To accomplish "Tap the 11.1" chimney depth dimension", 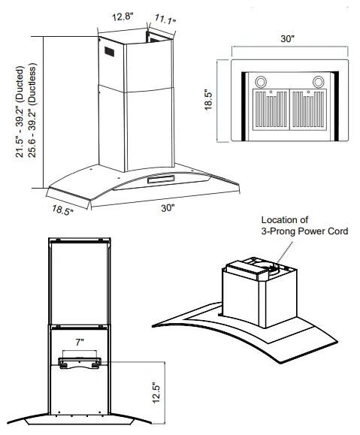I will point(165,19).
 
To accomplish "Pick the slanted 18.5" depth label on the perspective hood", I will point(62,210).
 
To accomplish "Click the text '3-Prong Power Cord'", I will point(304,232).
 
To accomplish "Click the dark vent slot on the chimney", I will point(110,55).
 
